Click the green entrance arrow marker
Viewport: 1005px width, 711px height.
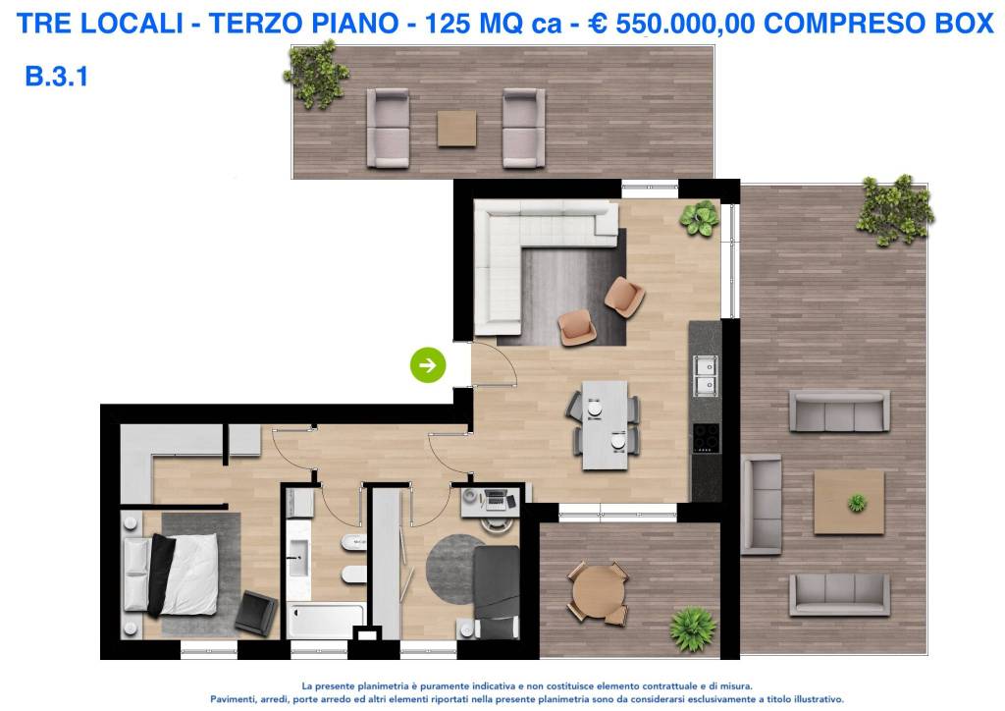pyautogui.click(x=428, y=365)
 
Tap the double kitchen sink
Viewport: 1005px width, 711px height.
pyautogui.click(x=705, y=373)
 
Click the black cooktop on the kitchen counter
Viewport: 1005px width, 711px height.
pyautogui.click(x=705, y=437)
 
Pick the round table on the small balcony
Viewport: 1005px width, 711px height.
pyautogui.click(x=598, y=592)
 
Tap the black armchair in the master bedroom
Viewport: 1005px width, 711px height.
pyautogui.click(x=256, y=613)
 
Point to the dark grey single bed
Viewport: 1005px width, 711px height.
pyautogui.click(x=496, y=590)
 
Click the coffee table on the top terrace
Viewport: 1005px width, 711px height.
pyautogui.click(x=456, y=128)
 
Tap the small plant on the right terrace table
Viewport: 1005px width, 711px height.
pyautogui.click(x=857, y=503)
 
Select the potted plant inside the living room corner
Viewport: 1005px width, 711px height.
pyautogui.click(x=701, y=218)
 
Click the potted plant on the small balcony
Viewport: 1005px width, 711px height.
pyautogui.click(x=692, y=629)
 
